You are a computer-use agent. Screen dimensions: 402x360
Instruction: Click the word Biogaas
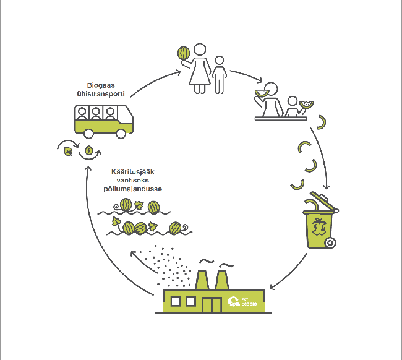101,85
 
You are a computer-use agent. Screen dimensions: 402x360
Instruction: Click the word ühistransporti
101,94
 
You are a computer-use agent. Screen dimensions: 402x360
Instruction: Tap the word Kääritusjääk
133,172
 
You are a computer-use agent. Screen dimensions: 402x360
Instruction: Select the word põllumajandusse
133,189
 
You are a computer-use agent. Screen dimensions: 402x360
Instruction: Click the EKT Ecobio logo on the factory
242,301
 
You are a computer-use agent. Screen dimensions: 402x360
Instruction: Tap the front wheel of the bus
121,134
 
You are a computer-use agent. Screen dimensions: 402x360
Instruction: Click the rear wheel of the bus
88,134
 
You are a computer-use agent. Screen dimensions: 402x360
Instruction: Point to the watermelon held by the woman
184,53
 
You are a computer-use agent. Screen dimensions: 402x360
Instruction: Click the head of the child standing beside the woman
219,61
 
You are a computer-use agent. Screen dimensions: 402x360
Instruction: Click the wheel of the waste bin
330,242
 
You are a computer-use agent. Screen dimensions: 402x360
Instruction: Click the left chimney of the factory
202,280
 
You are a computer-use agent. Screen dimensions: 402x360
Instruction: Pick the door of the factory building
212,304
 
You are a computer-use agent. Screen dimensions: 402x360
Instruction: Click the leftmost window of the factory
176,301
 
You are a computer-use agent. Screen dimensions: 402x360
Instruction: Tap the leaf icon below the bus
68,152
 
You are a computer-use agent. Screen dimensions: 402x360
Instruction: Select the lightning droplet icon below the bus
88,150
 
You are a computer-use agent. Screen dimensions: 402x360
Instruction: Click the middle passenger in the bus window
96,114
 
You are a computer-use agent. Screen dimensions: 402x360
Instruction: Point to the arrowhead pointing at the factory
272,286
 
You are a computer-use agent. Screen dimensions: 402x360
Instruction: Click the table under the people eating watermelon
281,119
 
